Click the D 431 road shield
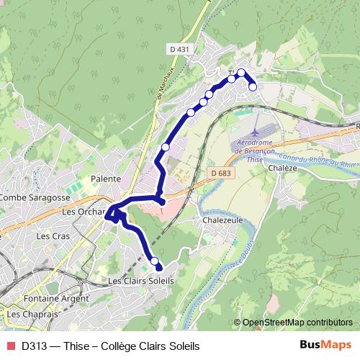179,49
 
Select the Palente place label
104,178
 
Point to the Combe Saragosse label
35,197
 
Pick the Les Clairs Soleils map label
140,280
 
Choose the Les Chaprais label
34,315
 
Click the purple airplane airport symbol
256,133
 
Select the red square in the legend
11,346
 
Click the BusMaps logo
325,346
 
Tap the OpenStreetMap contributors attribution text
297,323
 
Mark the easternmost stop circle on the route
253,86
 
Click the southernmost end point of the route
159,268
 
